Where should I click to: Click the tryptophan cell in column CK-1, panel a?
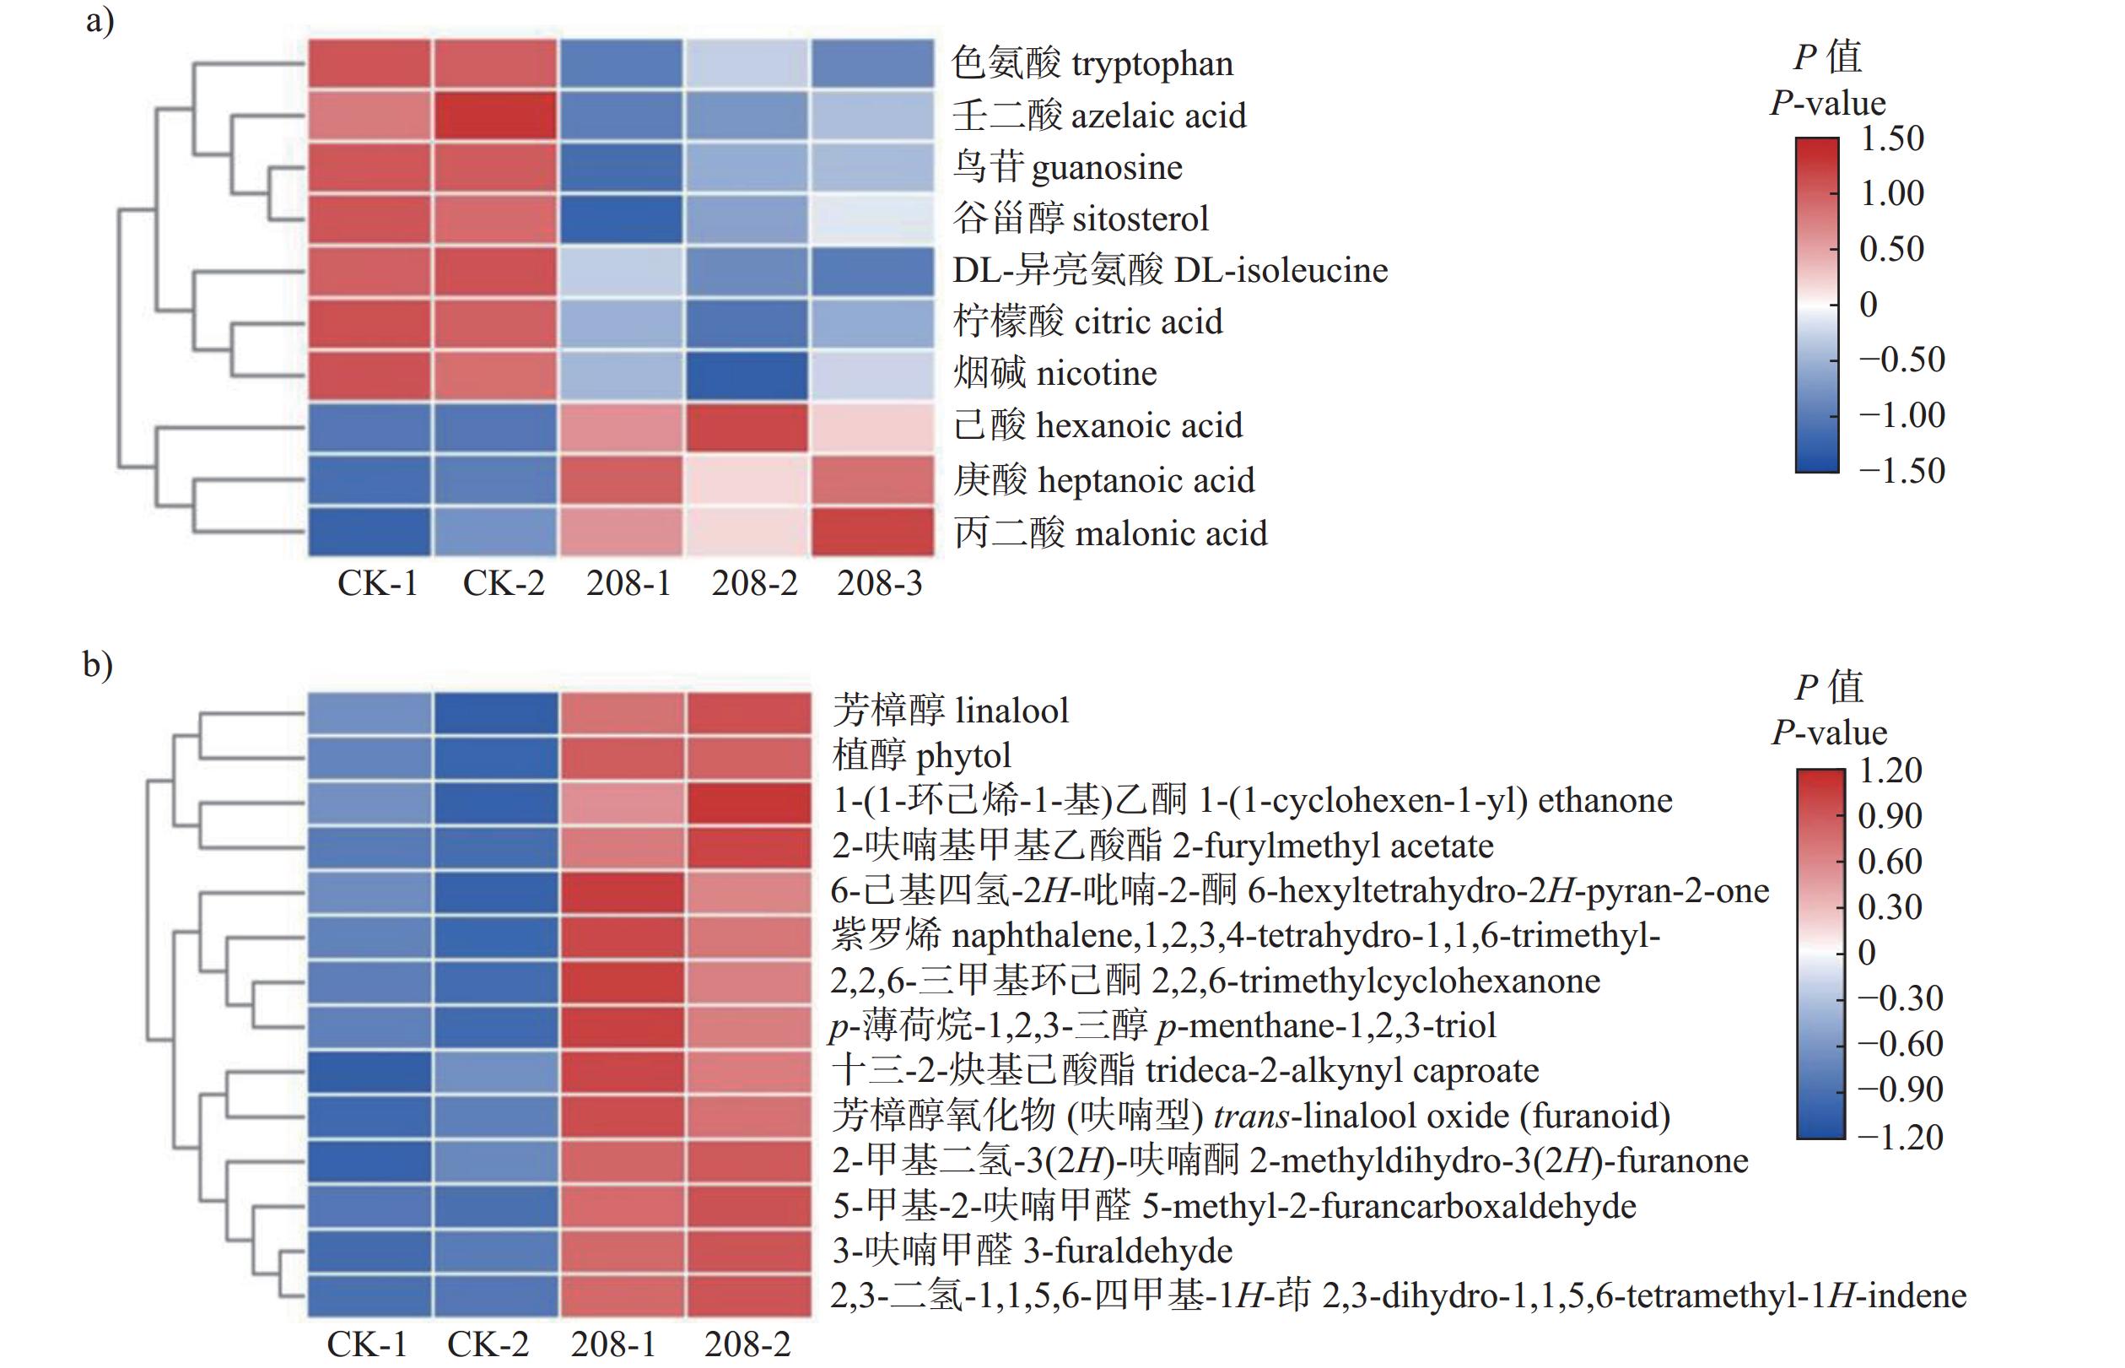(369, 64)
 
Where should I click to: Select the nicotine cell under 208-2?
(747, 375)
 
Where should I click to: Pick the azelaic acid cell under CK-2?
(495, 116)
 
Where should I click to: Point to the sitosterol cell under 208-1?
(621, 219)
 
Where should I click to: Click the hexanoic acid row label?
(1098, 425)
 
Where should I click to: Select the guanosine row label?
(1067, 167)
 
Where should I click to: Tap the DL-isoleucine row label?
(1169, 270)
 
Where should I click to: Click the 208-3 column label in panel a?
(879, 584)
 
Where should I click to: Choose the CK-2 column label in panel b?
(488, 1344)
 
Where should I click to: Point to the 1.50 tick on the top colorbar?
(1891, 138)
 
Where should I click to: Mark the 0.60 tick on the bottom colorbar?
(1890, 862)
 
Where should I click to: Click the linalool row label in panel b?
(950, 711)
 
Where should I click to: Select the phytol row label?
(922, 756)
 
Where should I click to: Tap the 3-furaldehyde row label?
(1032, 1251)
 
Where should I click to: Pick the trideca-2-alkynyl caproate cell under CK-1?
(369, 1071)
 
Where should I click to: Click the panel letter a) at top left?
(100, 19)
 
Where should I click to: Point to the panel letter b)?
(98, 663)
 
